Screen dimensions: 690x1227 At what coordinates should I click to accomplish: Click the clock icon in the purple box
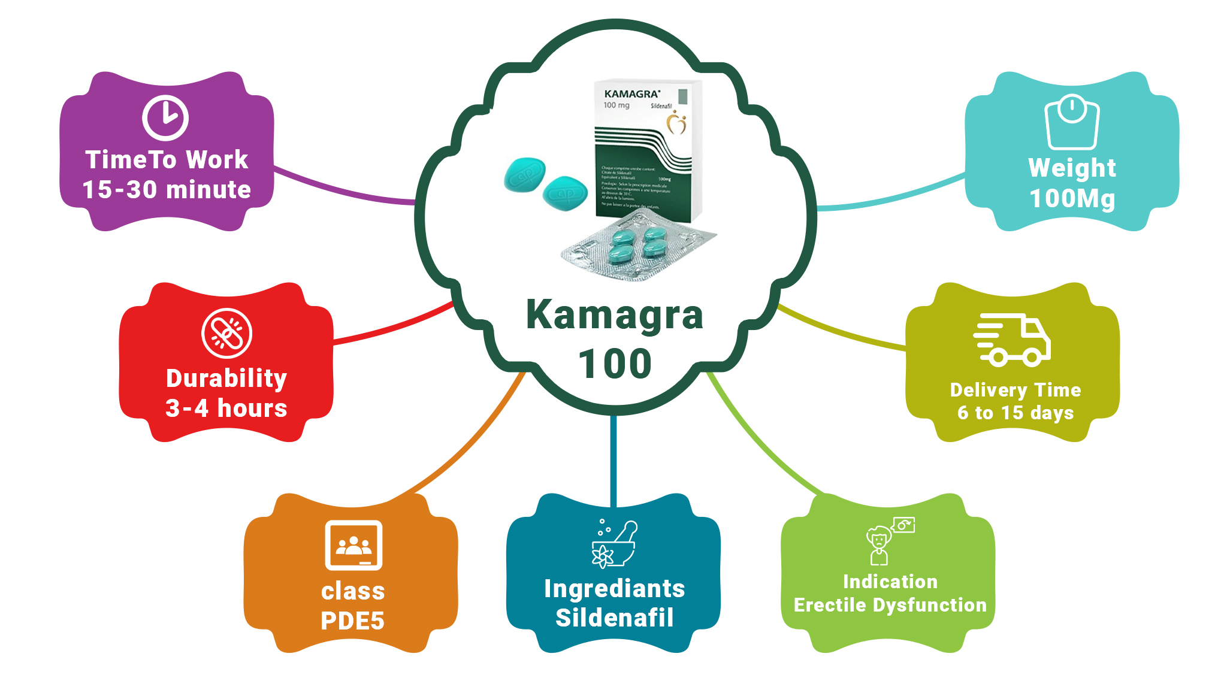point(165,117)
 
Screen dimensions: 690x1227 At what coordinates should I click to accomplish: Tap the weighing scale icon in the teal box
point(1072,122)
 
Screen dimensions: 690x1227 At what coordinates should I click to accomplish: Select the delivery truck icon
point(1012,340)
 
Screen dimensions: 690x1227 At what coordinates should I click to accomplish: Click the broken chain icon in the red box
point(226,334)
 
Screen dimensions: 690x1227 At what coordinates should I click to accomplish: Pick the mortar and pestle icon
point(614,544)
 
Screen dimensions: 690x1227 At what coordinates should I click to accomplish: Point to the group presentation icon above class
point(353,545)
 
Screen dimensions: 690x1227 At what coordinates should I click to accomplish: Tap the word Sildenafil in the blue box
point(614,618)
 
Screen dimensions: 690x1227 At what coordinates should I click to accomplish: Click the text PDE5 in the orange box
point(352,621)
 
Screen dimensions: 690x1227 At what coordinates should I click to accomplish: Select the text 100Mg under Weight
point(1072,199)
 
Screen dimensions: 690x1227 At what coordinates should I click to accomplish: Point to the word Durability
point(226,379)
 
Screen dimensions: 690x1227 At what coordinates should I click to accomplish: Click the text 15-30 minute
point(167,190)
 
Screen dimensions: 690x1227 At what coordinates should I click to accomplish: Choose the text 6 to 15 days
point(1015,413)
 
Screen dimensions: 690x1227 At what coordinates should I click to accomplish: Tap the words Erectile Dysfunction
point(890,605)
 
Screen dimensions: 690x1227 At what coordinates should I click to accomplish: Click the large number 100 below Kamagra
point(614,364)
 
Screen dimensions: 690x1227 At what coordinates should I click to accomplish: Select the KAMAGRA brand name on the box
point(632,94)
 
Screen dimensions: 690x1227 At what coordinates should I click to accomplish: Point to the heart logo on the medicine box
point(677,123)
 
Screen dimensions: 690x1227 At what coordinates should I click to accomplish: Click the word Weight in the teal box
point(1072,168)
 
